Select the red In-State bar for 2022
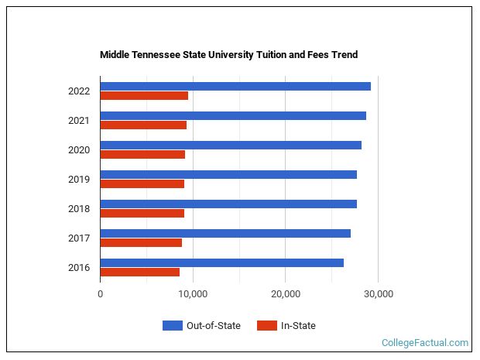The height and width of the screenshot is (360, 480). tap(144, 96)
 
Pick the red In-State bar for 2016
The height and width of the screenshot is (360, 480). tap(140, 272)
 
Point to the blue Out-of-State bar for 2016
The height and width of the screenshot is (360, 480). tap(221, 262)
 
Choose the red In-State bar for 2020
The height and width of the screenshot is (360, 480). tap(142, 154)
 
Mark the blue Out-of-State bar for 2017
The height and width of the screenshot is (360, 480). tap(225, 233)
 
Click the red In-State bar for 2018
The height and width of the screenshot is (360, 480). tap(142, 213)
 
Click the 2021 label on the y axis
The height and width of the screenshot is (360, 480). tap(79, 121)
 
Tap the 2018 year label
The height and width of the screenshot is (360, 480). tap(79, 209)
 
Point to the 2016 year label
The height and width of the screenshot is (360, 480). tap(79, 268)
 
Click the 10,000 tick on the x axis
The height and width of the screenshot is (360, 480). tap(193, 294)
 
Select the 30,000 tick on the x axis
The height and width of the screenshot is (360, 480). tap(378, 294)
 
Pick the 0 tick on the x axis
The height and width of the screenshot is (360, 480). tap(101, 294)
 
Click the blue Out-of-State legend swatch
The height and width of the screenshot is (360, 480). tap(172, 326)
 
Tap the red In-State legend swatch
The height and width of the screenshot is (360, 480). tap(266, 326)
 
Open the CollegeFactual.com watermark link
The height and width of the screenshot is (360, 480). tap(425, 343)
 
